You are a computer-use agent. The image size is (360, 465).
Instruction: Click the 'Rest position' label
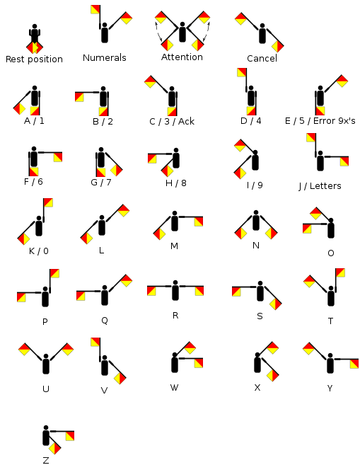(34, 59)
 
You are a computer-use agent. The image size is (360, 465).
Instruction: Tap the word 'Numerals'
(105, 57)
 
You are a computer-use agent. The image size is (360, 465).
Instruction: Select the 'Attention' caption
(182, 57)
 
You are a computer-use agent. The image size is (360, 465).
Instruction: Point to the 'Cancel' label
(262, 59)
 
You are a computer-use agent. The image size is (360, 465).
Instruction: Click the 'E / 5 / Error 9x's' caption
(320, 121)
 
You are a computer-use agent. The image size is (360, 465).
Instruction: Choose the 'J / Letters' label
(320, 186)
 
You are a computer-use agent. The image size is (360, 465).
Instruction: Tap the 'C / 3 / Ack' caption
(172, 122)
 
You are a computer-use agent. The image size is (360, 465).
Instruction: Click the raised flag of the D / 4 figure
(242, 72)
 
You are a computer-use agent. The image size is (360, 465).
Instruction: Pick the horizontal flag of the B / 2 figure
(79, 97)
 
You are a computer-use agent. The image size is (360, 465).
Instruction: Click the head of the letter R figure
(175, 282)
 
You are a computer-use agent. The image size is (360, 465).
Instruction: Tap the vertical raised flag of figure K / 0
(48, 202)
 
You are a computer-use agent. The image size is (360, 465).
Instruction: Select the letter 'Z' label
(46, 460)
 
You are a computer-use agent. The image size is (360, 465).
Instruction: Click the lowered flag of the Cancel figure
(278, 46)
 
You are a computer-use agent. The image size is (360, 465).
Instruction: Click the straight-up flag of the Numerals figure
(95, 9)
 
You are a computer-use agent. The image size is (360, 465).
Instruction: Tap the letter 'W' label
(174, 388)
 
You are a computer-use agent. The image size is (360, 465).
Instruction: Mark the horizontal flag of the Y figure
(354, 364)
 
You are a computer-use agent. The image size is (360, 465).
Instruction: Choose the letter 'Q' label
(105, 321)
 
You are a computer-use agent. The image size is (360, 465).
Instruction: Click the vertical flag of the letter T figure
(340, 272)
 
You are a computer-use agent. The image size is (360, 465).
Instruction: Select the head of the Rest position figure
(35, 26)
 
